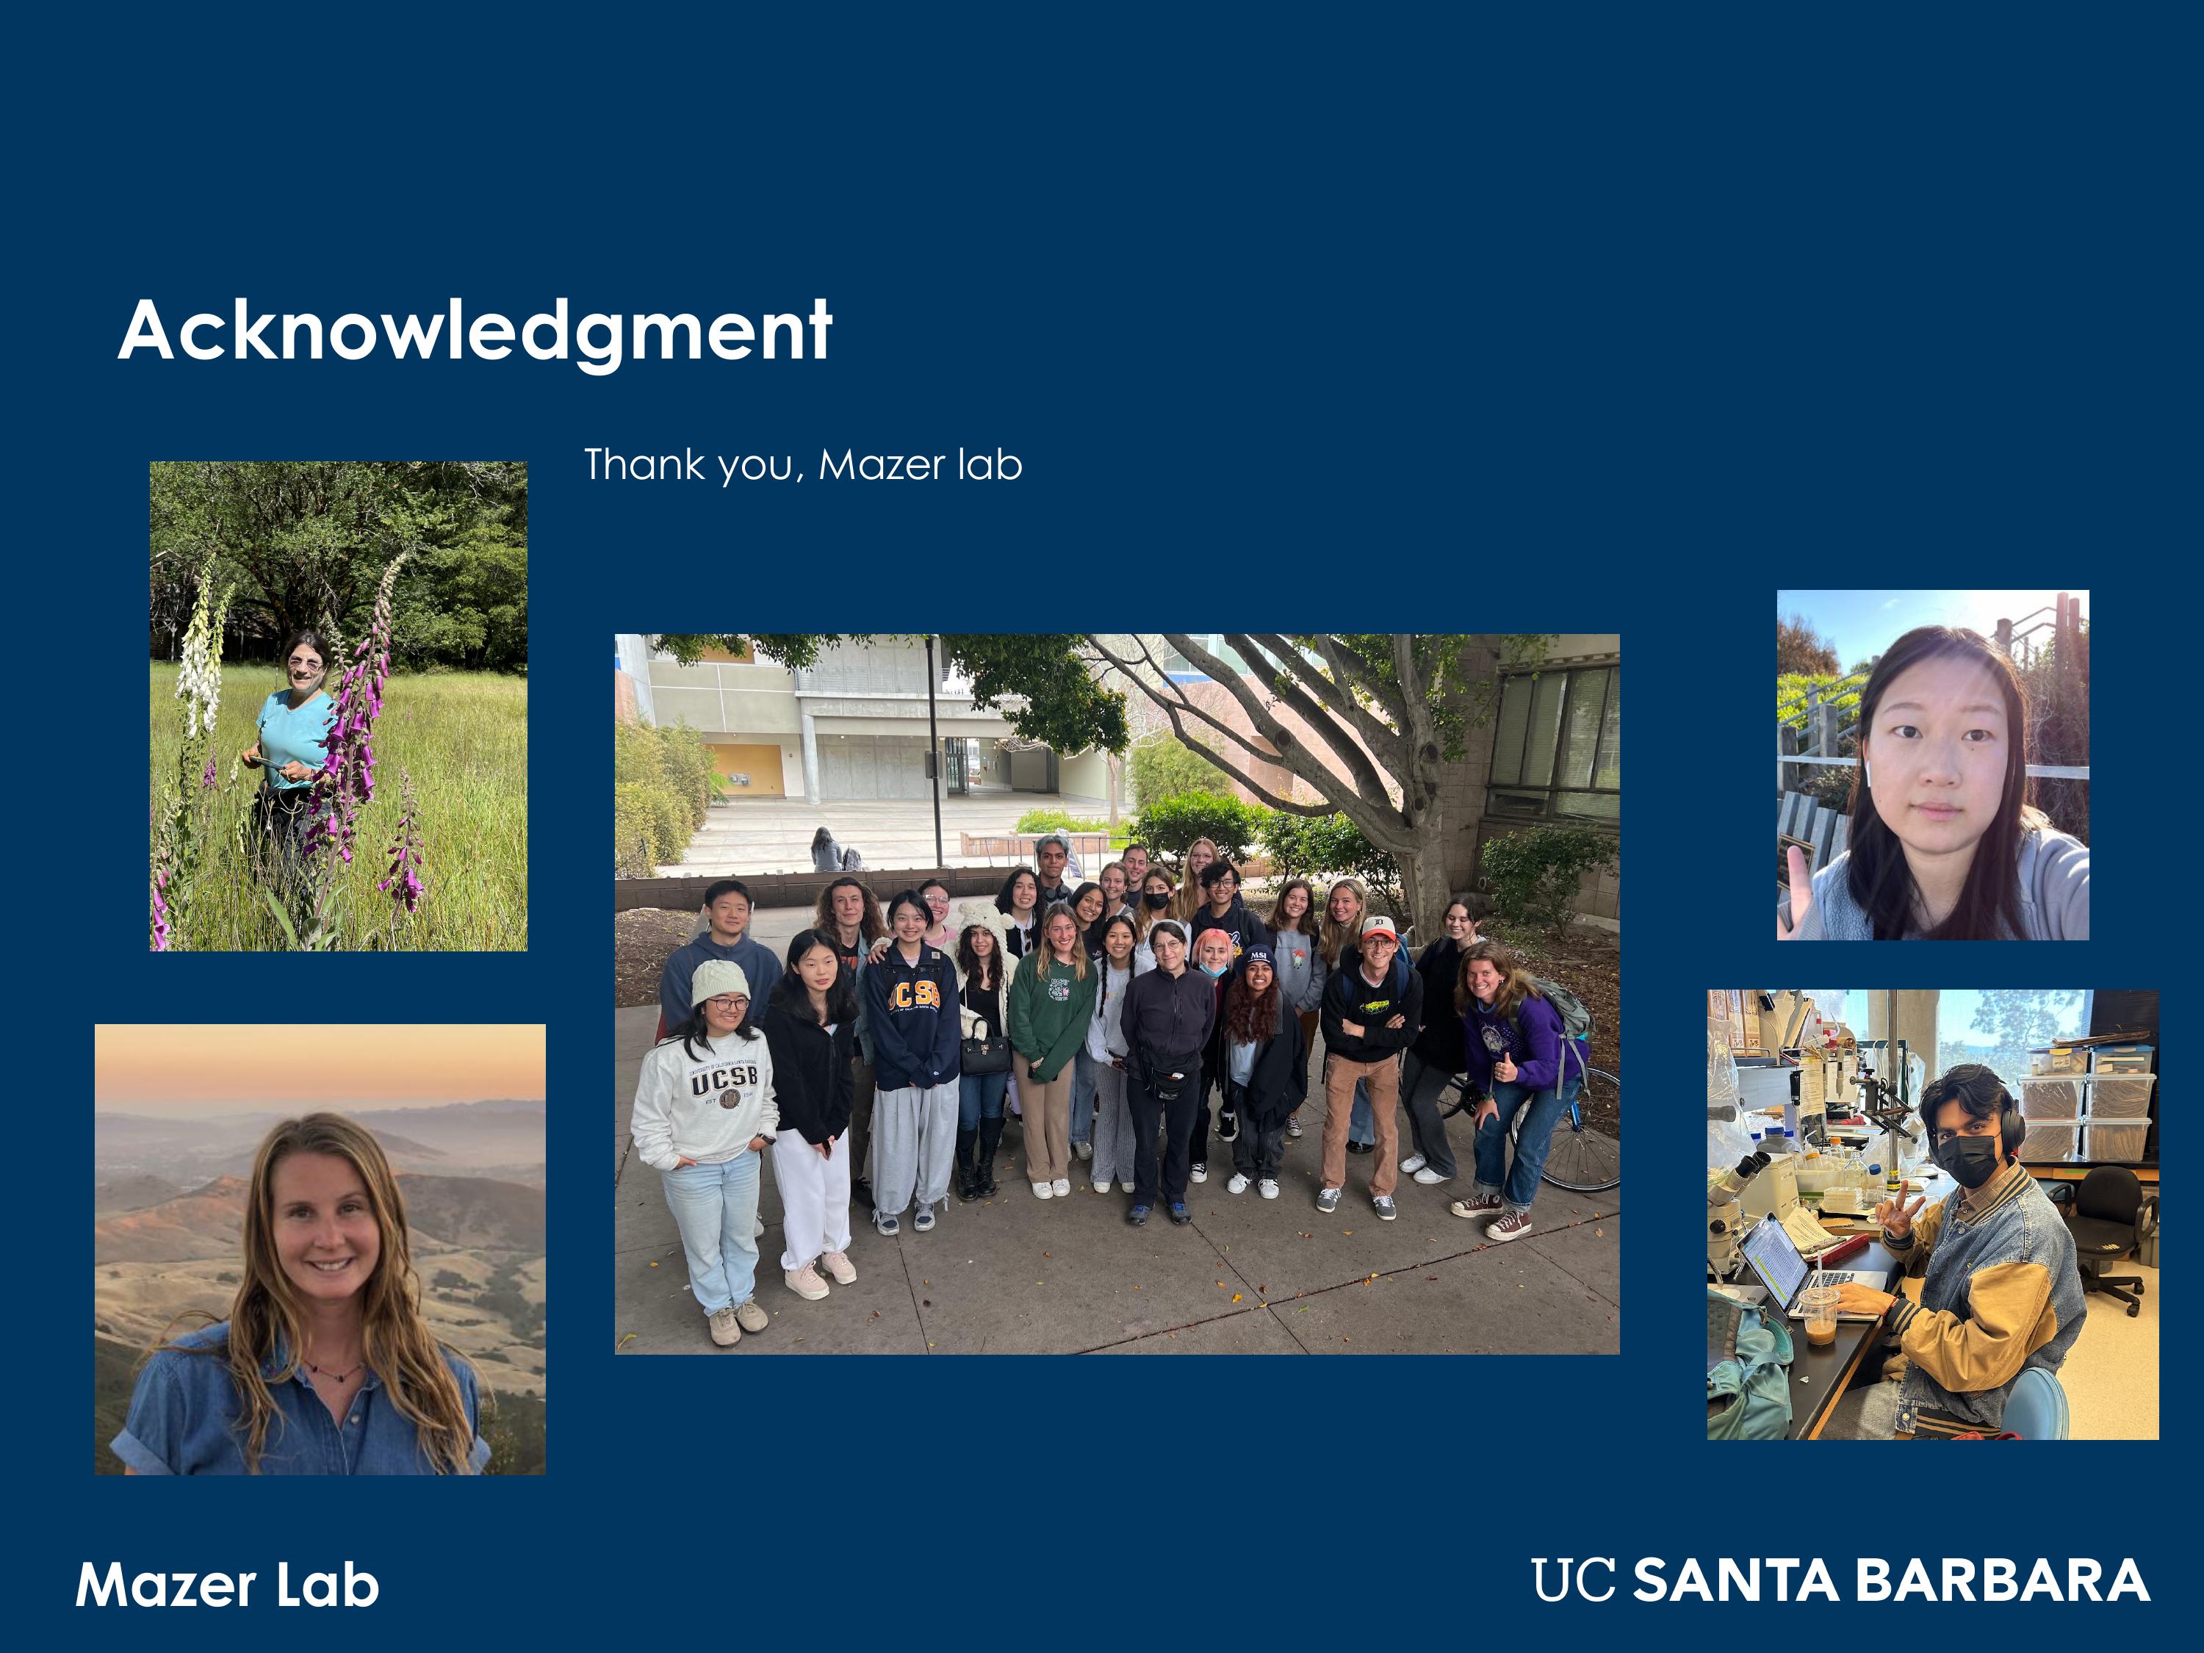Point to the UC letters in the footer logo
pyautogui.click(x=1572, y=1581)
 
